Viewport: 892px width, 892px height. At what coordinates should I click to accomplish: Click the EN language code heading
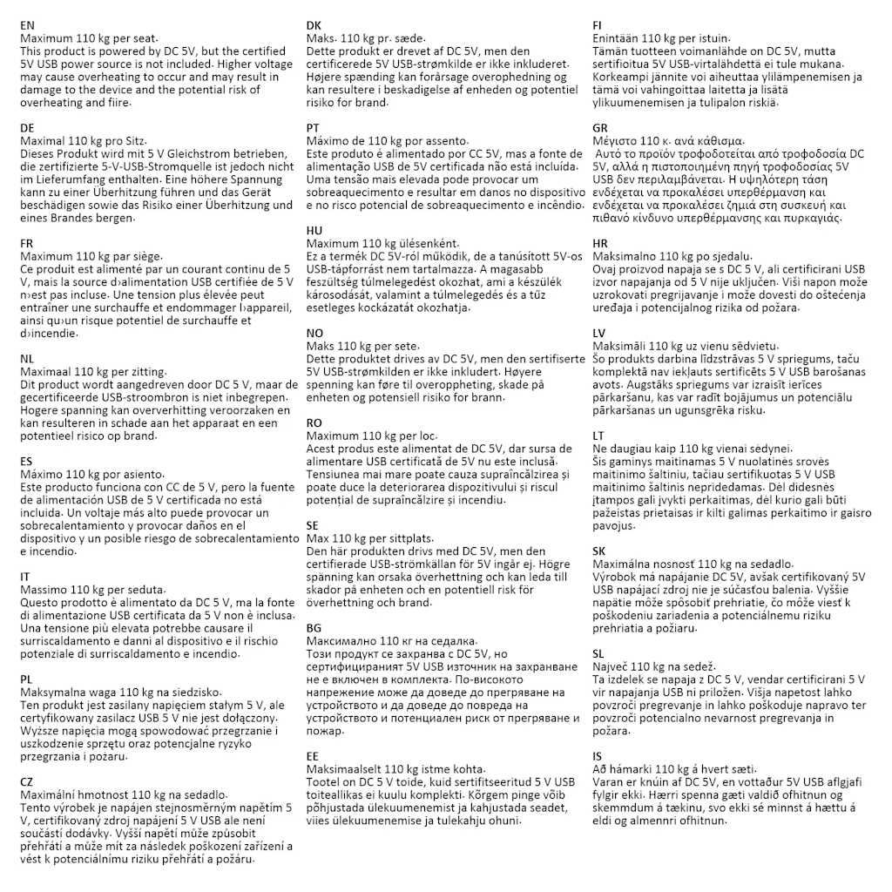28,25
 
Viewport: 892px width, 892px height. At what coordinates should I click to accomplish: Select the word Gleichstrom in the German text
186,153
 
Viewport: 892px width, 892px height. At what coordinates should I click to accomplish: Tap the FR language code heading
27,243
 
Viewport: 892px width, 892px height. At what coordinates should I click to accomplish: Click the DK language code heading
314,25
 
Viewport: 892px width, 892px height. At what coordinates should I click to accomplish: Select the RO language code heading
314,422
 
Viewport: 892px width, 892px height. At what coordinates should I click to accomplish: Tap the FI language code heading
598,25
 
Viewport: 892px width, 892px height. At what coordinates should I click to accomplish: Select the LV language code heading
599,333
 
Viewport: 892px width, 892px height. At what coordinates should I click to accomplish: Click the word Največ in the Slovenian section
611,666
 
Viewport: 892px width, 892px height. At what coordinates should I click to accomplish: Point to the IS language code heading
597,755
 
